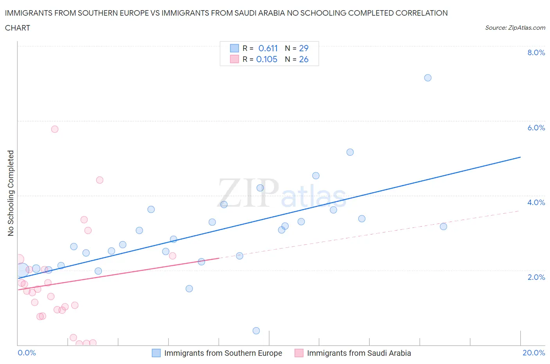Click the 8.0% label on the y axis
[536, 52]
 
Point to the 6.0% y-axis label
[536, 128]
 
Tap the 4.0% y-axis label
[536, 202]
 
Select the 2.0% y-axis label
[536, 277]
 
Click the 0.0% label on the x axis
[27, 353]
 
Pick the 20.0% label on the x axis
[534, 353]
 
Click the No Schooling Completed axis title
[11, 193]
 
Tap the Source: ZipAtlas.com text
[515, 28]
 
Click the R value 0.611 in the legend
[268, 48]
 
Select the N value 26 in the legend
[304, 59]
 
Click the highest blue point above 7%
[428, 78]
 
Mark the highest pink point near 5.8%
[55, 129]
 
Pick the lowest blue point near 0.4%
[256, 331]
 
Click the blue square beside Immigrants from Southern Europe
[156, 353]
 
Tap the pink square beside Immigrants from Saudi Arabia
[299, 353]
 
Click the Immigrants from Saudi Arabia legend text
[359, 353]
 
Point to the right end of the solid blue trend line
[520, 157]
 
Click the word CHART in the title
[18, 28]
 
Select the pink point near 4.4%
[100, 180]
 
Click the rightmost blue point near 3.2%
[443, 227]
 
